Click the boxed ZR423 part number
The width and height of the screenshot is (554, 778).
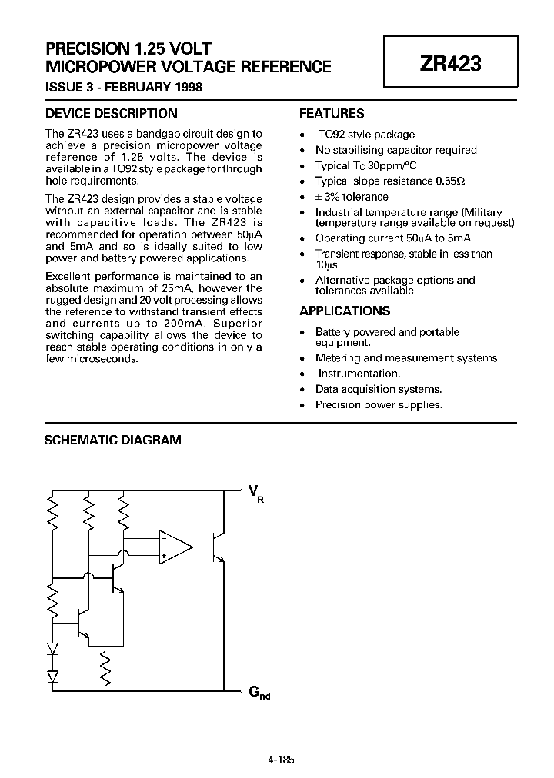[450, 65]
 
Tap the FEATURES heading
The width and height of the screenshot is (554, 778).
[331, 114]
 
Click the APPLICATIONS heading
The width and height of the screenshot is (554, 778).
[344, 311]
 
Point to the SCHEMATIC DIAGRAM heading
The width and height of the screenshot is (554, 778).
[113, 441]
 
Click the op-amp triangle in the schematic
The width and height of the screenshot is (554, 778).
[175, 546]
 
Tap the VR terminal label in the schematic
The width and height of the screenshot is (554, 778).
[255, 493]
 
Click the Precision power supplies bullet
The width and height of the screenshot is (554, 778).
[379, 404]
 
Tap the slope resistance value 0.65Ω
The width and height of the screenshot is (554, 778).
[451, 181]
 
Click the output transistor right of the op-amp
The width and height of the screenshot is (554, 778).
[217, 547]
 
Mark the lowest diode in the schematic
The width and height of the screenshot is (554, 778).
[53, 676]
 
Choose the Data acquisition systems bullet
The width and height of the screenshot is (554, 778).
[379, 389]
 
